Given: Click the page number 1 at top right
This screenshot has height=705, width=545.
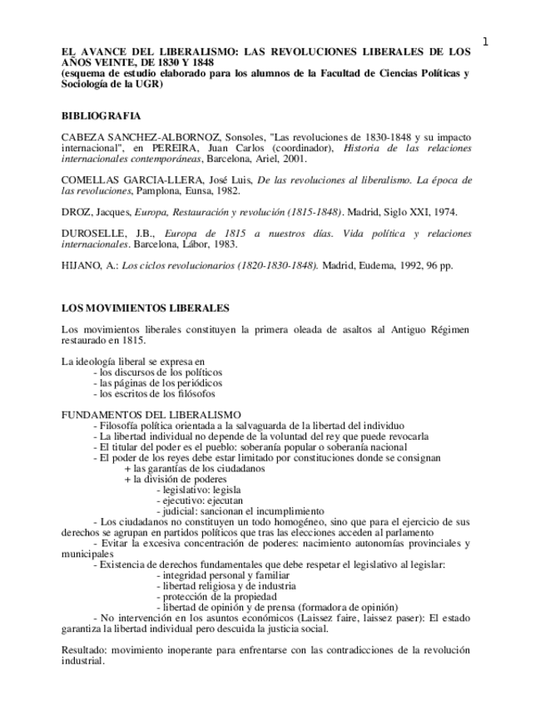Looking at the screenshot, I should pyautogui.click(x=485, y=42).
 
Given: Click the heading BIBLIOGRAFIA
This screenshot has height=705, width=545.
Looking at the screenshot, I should pyautogui.click(x=101, y=116).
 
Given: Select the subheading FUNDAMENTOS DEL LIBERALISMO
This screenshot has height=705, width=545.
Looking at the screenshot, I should pyautogui.click(x=151, y=415).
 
